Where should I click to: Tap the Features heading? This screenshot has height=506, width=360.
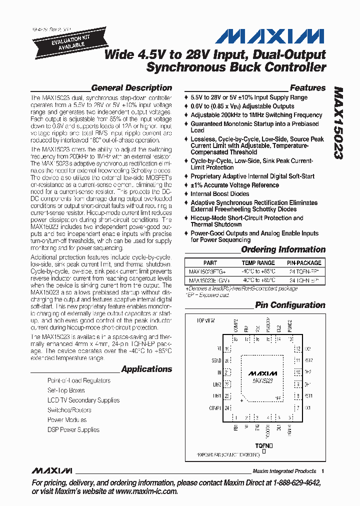(307, 88)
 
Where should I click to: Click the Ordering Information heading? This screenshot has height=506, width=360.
(283, 249)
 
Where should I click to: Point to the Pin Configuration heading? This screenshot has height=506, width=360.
(290, 305)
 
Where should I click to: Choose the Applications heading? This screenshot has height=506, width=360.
(146, 369)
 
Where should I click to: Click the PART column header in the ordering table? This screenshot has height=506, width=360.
(210, 263)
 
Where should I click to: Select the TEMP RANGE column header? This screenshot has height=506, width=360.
(258, 263)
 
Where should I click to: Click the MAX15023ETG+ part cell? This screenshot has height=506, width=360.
(207, 272)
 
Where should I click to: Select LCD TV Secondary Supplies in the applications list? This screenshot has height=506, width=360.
(83, 400)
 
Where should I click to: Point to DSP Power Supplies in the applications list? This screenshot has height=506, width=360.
(73, 429)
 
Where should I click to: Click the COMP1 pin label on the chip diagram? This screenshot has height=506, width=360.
(215, 408)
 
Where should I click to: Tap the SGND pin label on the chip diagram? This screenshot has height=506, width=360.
(216, 360)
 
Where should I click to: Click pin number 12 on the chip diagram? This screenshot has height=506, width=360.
(298, 348)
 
